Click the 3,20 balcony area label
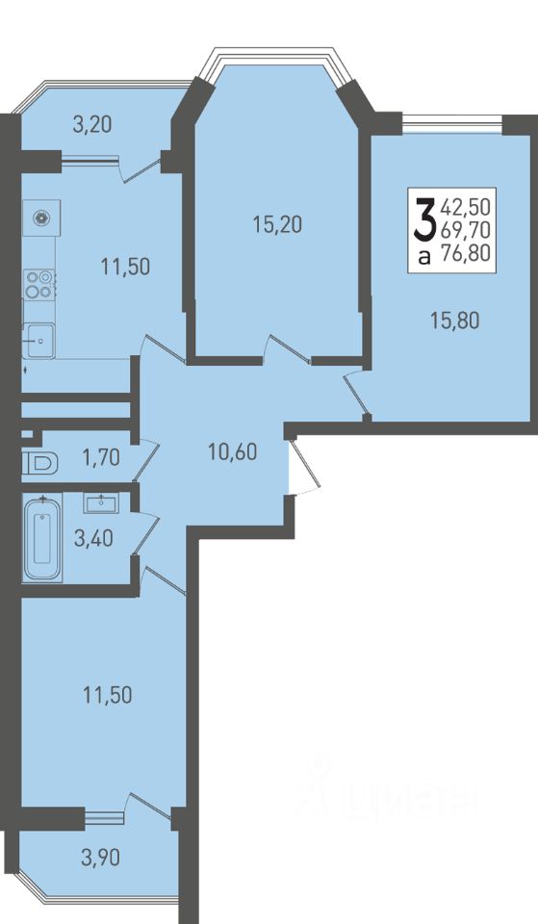92,125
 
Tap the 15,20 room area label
277,224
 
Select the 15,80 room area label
455,321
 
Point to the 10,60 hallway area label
232,452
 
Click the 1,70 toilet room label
101,456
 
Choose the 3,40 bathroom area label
93,538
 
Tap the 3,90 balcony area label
100,858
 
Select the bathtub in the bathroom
41,537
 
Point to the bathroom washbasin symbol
101,502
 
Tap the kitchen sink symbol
38,340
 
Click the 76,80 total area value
470,254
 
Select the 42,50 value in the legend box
465,208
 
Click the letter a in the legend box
423,256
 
